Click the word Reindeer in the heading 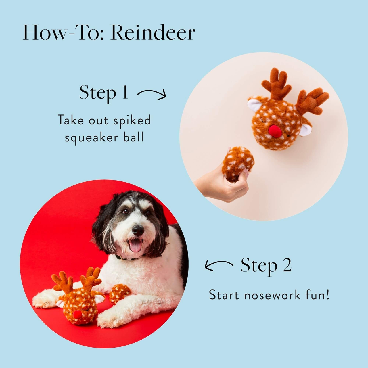[153, 32]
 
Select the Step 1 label [103, 93]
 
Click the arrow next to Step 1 [152, 94]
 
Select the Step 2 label [266, 265]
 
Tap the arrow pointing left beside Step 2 [218, 265]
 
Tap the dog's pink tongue [135, 246]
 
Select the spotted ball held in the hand [238, 164]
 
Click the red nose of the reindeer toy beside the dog [77, 316]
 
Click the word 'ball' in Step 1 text [133, 138]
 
